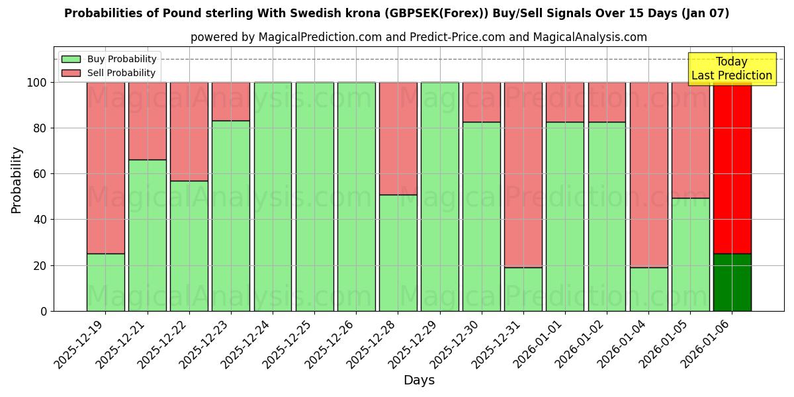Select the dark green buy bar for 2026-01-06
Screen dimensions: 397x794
click(732, 283)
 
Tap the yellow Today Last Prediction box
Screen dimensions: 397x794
click(731, 69)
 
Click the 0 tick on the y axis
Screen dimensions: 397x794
click(44, 311)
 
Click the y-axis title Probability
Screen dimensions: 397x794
click(17, 180)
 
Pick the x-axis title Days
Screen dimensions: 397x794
click(419, 380)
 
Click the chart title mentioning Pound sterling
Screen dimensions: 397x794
click(396, 13)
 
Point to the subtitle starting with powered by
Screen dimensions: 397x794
click(418, 37)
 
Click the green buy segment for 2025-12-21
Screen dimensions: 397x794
click(147, 235)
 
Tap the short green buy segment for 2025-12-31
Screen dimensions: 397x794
click(523, 289)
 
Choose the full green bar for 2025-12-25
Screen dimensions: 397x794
click(314, 197)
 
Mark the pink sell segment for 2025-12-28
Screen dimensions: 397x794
click(398, 138)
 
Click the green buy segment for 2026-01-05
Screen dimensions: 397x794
click(690, 255)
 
